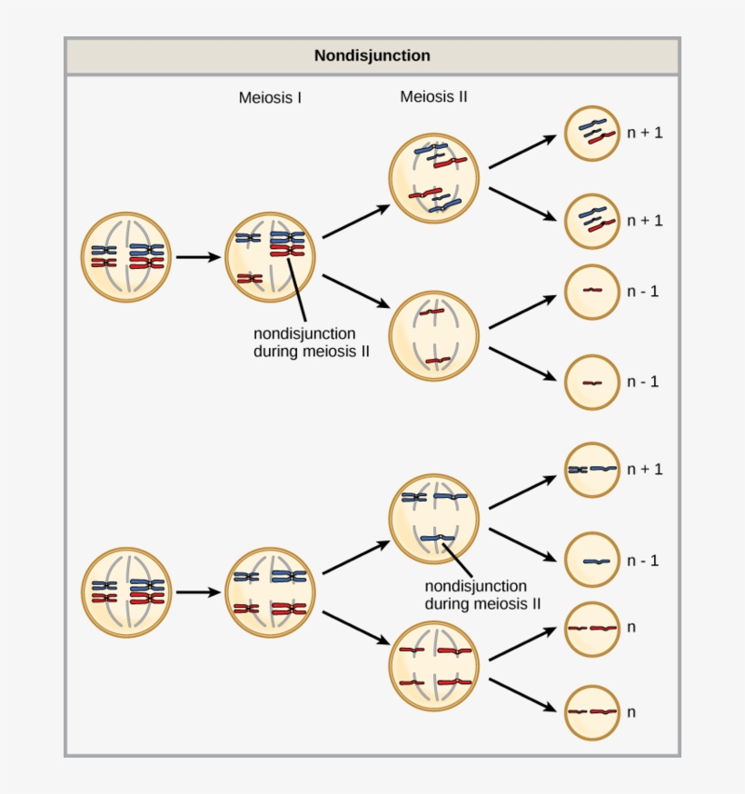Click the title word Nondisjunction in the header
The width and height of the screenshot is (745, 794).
(372, 56)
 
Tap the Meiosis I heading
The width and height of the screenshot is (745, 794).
(270, 97)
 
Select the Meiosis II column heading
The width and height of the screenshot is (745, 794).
(433, 96)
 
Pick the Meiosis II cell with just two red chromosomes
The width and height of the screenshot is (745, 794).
(433, 335)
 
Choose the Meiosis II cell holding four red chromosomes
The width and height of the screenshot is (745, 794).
(433, 665)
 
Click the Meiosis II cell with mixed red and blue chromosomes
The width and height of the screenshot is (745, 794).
(433, 177)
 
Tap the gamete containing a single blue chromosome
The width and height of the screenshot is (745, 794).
(592, 561)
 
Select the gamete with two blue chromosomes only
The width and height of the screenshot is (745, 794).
(592, 470)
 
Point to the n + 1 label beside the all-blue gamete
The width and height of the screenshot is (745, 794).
(644, 470)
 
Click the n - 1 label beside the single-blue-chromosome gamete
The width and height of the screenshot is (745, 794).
(642, 561)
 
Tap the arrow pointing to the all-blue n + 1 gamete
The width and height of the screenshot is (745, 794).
(522, 491)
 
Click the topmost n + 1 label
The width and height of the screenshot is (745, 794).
(644, 133)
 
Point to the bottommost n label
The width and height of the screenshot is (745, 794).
(631, 712)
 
